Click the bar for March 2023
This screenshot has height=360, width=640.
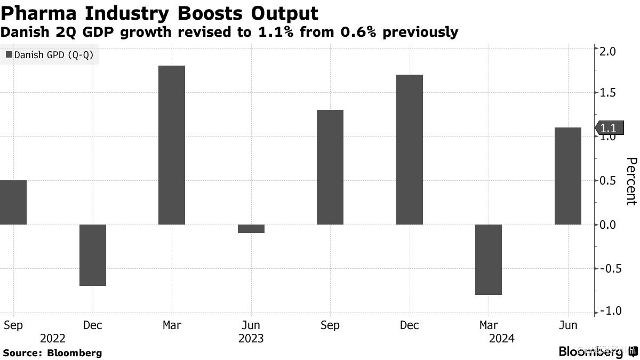[172, 145]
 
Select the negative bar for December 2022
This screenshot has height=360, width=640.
[93, 255]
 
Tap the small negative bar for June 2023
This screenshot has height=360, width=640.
[251, 229]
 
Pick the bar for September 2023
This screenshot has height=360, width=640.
[330, 167]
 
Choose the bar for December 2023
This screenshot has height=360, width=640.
[410, 149]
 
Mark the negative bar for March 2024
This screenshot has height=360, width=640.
[489, 260]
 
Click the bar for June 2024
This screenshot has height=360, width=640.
[567, 176]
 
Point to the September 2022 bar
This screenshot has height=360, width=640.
[13, 202]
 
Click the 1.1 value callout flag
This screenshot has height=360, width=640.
[607, 128]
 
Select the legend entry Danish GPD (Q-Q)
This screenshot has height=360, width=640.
[50, 54]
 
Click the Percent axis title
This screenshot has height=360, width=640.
[631, 181]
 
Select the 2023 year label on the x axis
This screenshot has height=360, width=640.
[251, 338]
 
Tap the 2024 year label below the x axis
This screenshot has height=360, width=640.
[501, 338]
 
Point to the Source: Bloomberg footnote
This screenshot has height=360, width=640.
[52, 353]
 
